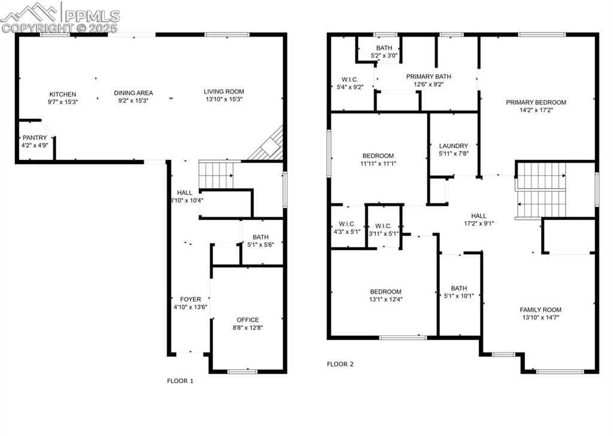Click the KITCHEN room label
point(63,94)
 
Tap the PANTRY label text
point(35,138)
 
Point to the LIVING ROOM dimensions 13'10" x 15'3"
point(224,101)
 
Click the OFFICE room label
point(248,320)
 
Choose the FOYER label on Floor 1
point(191,299)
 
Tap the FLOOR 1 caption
point(180,380)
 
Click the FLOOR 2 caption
point(340,364)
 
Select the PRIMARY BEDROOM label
point(536,102)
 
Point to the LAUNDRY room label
point(453,146)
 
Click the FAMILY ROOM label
point(541,310)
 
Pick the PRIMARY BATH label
point(429,77)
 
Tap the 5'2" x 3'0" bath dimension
point(384,56)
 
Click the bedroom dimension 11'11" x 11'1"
point(378,163)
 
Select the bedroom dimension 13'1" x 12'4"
point(385,299)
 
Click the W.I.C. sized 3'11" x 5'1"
point(384,233)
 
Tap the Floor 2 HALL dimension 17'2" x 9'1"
point(479,223)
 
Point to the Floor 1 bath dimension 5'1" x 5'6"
point(260,244)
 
